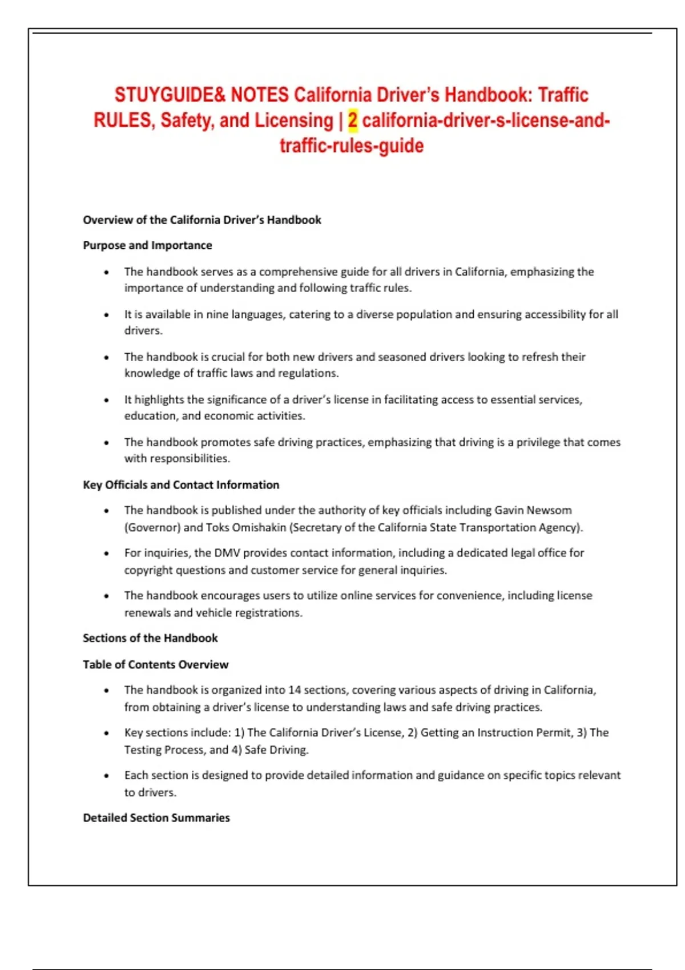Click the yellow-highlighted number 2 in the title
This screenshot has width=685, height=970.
[353, 120]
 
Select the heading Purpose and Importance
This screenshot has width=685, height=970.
[147, 245]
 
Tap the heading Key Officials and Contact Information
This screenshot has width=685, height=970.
[181, 485]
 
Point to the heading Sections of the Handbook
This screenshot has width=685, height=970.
[150, 638]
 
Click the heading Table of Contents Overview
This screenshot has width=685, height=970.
[155, 664]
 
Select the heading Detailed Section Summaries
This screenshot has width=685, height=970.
[156, 818]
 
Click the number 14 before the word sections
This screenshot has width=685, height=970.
[294, 690]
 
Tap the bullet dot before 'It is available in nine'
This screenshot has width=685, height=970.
[106, 315]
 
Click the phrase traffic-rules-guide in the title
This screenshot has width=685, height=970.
[352, 146]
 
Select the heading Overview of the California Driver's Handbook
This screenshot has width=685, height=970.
[202, 220]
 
